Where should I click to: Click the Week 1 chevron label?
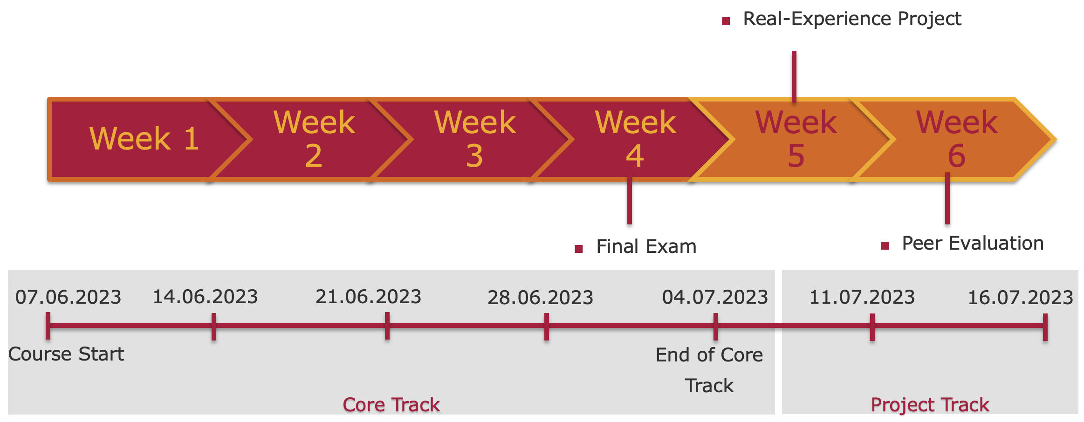tap(144, 139)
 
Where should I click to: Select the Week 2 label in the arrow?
tap(314, 139)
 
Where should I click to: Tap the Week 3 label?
tap(475, 139)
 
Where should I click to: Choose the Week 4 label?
tap(636, 139)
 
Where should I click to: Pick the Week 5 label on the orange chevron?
tap(796, 139)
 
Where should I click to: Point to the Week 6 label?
tap(957, 139)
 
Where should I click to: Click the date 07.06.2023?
tap(68, 297)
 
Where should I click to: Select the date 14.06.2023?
tap(205, 297)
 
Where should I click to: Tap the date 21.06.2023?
tap(368, 297)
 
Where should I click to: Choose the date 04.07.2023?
tap(715, 297)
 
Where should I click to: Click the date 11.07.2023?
tap(862, 297)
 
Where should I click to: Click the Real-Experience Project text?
tap(852, 19)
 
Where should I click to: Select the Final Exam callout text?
tap(646, 246)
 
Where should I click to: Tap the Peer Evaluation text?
tap(973, 243)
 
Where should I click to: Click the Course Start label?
tap(66, 354)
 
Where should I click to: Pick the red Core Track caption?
tap(391, 405)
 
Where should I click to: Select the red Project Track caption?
tap(930, 405)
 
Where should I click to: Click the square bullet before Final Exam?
tap(579, 249)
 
